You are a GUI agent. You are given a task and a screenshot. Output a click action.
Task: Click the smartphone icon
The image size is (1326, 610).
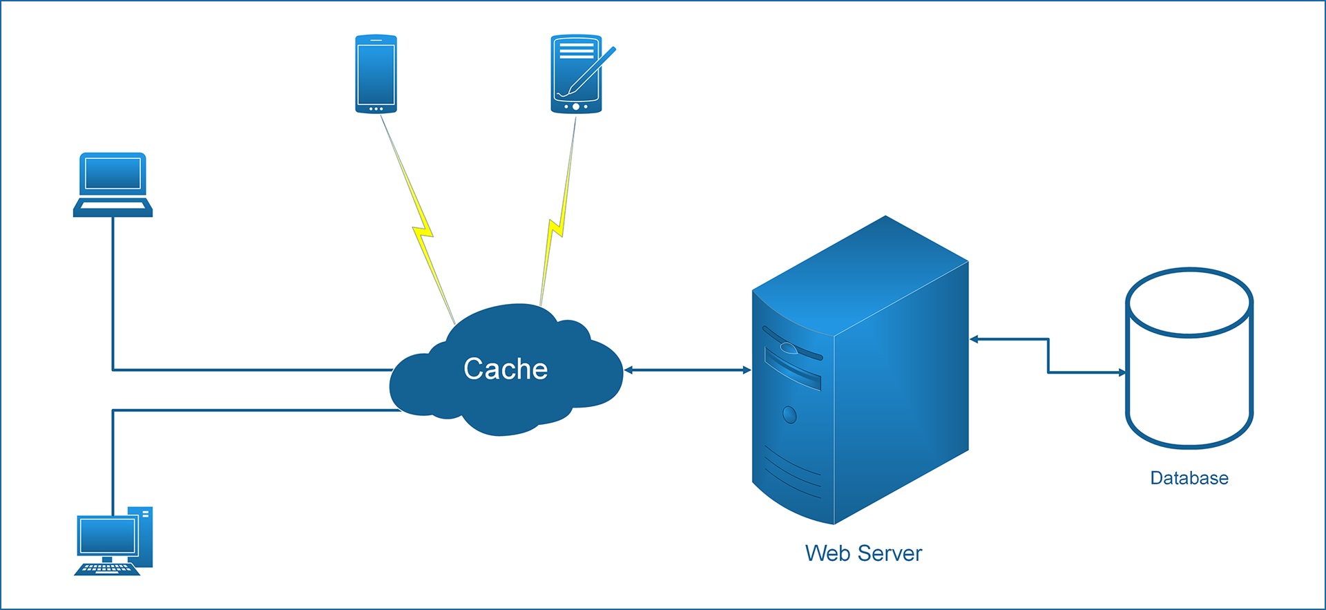point(376,74)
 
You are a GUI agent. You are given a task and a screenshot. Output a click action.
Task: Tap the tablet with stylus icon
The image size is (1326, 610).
point(576,75)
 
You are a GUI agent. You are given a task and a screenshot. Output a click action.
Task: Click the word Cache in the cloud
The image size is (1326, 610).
point(506,369)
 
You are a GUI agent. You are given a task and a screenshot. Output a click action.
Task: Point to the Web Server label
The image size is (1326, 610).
point(863,553)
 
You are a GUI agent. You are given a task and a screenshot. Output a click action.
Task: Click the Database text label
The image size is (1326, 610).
point(1189,478)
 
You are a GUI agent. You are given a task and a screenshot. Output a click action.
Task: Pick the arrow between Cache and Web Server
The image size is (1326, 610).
point(687,370)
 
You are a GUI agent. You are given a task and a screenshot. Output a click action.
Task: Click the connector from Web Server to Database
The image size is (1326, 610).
point(1048,356)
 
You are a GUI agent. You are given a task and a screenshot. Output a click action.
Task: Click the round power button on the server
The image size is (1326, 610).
point(789,414)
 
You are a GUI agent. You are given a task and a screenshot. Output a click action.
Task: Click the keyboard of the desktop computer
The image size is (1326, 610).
point(106,569)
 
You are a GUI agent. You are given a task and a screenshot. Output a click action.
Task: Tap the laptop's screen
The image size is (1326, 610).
point(113,173)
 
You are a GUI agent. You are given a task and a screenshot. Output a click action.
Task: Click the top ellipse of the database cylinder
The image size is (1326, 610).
point(1189,303)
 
